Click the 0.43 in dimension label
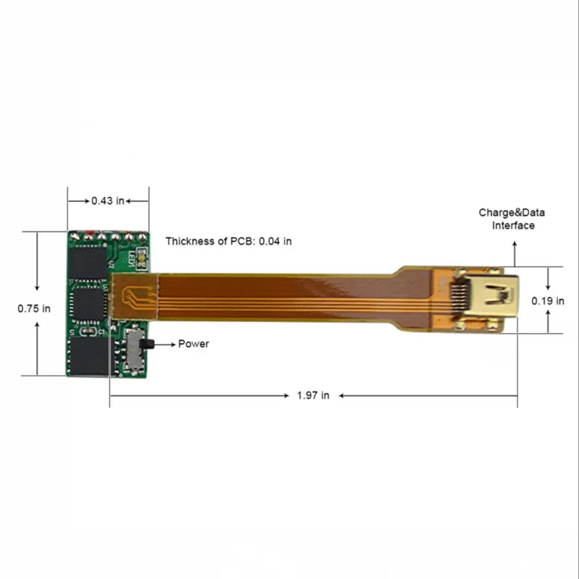click(108, 200)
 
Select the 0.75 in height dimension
click(34, 308)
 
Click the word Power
click(193, 344)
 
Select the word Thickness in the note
click(190, 241)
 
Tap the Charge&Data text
click(512, 213)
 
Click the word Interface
click(513, 225)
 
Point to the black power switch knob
click(148, 343)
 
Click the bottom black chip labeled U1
click(88, 356)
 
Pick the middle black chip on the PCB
click(89, 306)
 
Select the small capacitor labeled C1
click(88, 331)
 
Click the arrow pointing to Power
click(164, 344)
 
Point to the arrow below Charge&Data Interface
click(515, 253)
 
